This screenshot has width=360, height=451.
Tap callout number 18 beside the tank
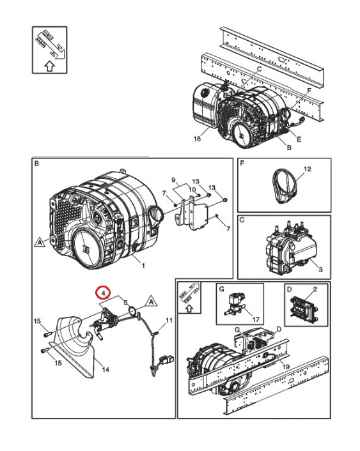(197, 138)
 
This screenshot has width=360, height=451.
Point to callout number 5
(125, 303)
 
